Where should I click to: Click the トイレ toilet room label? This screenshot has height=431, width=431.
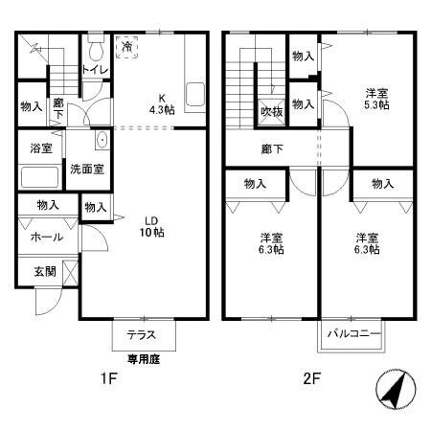click(x=94, y=69)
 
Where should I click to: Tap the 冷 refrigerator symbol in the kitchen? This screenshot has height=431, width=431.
click(x=126, y=45)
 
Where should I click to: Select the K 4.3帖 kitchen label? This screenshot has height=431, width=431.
click(x=159, y=102)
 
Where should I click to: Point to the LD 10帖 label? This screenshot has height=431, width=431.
click(x=151, y=226)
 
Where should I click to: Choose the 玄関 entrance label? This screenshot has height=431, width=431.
click(x=45, y=271)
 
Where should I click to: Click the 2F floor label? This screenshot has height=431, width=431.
click(x=311, y=379)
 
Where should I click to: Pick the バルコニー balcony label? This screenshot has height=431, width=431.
click(x=353, y=335)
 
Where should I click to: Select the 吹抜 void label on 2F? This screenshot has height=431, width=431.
click(x=272, y=111)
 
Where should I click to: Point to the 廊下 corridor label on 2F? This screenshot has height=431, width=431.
click(x=273, y=148)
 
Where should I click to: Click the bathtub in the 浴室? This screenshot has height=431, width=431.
click(x=39, y=177)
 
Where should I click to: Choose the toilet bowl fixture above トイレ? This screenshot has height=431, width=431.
click(x=95, y=49)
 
